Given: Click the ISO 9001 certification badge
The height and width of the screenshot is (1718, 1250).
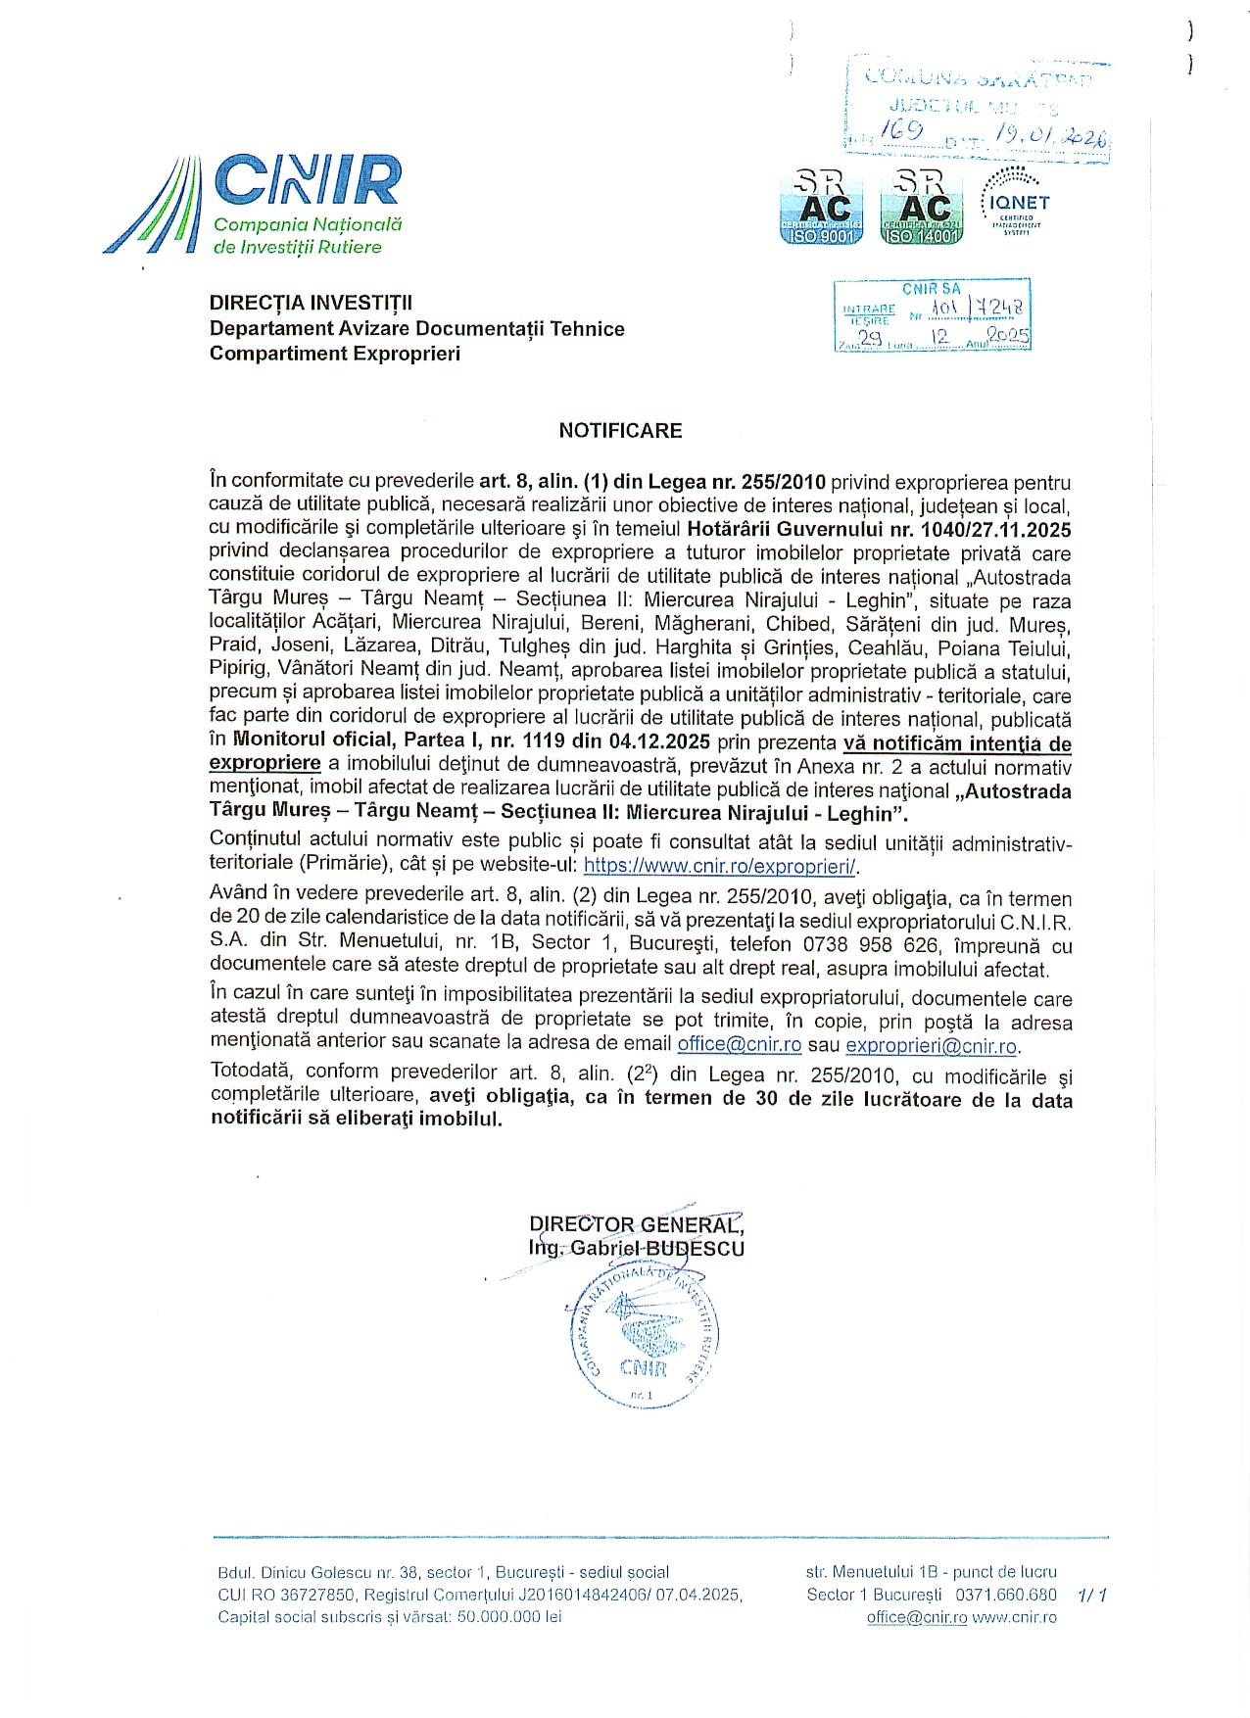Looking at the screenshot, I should tap(822, 207).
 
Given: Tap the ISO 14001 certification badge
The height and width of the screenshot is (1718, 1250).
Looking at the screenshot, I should tap(923, 207).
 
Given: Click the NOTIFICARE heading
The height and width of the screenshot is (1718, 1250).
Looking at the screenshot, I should tap(620, 430).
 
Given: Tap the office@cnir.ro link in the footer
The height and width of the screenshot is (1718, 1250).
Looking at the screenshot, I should tap(916, 1617).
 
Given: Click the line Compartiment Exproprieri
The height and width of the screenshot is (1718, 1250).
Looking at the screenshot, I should tap(334, 353).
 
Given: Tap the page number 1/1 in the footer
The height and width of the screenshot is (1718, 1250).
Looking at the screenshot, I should tap(1091, 1595).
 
